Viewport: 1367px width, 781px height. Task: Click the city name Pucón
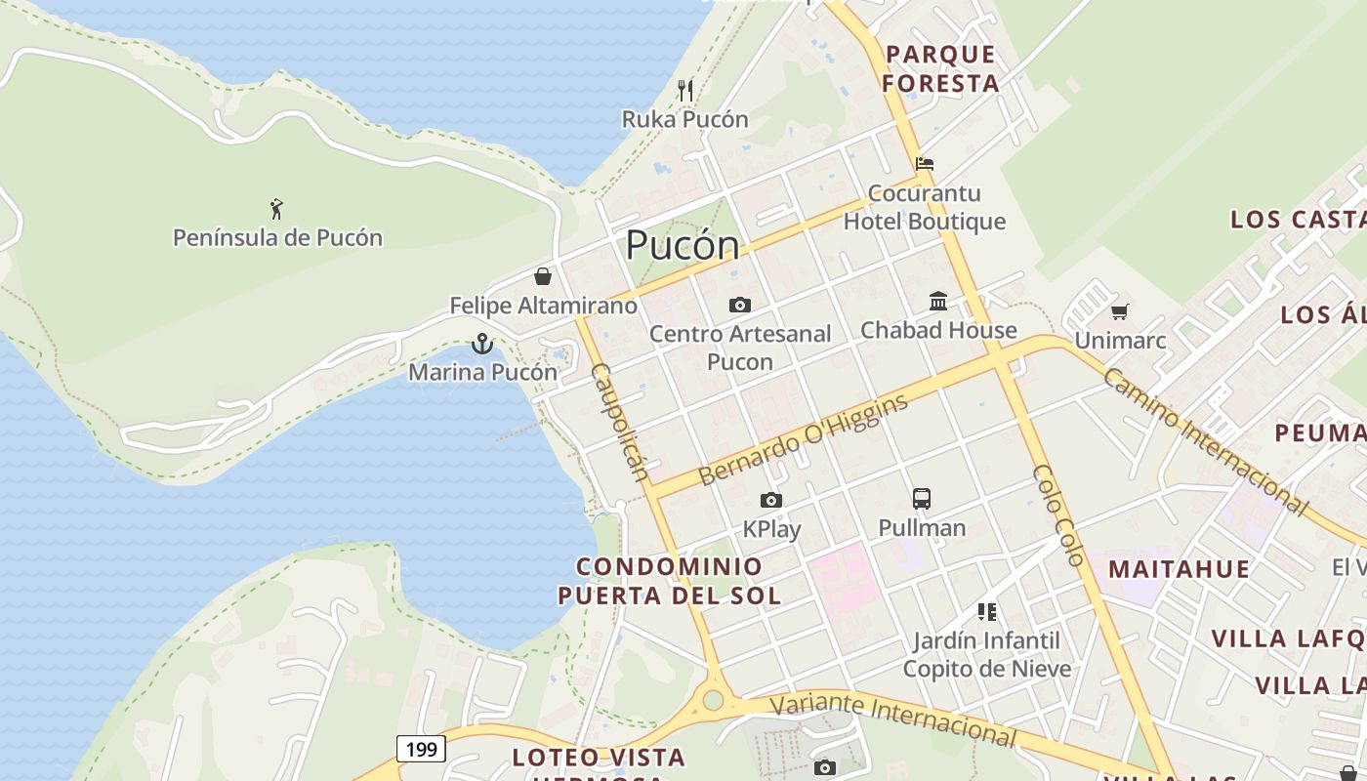pos(683,245)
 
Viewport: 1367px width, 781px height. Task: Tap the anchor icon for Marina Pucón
pos(481,344)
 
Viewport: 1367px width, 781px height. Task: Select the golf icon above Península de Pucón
pos(276,208)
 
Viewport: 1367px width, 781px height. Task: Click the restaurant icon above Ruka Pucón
pos(685,91)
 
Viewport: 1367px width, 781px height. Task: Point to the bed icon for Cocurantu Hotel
pos(924,164)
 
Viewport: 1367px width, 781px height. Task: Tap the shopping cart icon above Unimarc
pos(1119,311)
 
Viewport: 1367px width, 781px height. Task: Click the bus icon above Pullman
pos(922,499)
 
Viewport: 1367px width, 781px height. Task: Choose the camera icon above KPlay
pos(771,501)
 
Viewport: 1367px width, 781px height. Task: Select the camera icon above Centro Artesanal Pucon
pos(740,306)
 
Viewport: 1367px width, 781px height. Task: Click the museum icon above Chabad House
pos(938,301)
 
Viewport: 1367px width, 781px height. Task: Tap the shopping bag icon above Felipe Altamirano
pos(543,276)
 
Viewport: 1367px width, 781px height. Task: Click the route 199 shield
pos(422,749)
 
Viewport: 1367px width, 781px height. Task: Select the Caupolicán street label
pos(620,422)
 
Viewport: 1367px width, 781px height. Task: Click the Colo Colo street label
pos(1058,515)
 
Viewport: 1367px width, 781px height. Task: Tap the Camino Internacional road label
pos(1206,440)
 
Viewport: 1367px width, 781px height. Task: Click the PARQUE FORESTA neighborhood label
pos(940,68)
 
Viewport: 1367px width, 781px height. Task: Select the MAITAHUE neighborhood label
pos(1179,569)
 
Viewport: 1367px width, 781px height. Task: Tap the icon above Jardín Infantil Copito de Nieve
pos(987,612)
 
